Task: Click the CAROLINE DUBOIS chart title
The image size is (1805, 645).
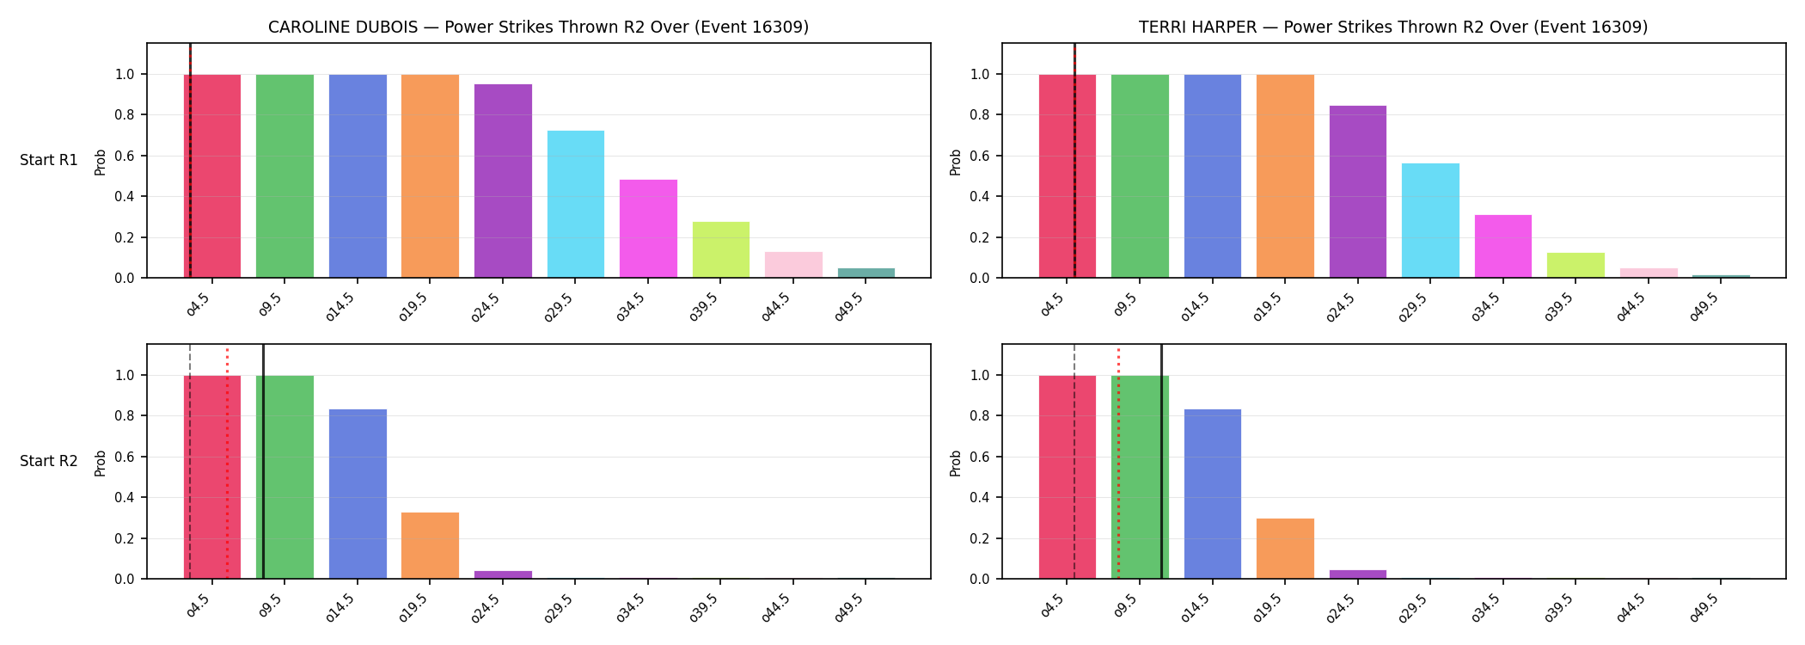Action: click(x=538, y=27)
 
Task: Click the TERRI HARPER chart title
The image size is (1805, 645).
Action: click(x=1393, y=27)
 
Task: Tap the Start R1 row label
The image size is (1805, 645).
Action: click(x=49, y=160)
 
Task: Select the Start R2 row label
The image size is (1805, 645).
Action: click(x=49, y=461)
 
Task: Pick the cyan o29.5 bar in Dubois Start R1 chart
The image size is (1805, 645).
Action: click(x=576, y=204)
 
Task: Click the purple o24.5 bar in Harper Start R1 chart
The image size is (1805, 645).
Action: click(x=1358, y=192)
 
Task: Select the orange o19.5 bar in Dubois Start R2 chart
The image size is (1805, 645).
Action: click(x=430, y=545)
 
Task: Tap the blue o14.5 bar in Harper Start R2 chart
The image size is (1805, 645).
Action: click(x=1213, y=494)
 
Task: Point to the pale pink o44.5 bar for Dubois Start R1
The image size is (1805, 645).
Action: click(x=793, y=265)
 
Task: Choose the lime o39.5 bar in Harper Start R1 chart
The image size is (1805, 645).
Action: click(x=1576, y=265)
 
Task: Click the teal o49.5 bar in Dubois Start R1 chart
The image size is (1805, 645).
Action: click(x=866, y=273)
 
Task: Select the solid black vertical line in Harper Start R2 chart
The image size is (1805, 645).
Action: click(x=1161, y=461)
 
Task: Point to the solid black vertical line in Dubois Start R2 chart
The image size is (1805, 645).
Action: click(x=263, y=461)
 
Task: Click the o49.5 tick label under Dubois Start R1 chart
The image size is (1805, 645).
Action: click(x=849, y=306)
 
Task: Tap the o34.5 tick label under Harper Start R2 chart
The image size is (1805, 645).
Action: click(x=1486, y=607)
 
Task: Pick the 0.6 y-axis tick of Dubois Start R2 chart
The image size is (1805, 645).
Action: click(x=125, y=457)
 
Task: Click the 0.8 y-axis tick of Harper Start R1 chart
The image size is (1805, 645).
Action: click(x=981, y=115)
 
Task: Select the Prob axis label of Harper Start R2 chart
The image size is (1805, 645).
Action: click(x=956, y=463)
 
